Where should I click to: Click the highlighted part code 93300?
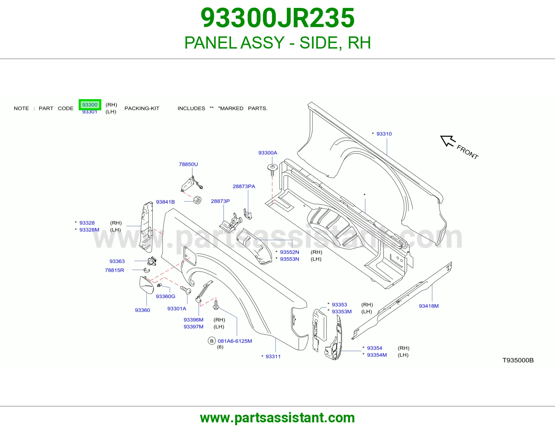[90, 105]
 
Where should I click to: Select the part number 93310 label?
[384, 134]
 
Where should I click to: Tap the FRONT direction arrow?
[448, 141]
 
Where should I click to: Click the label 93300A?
[268, 153]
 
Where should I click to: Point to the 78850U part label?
[188, 164]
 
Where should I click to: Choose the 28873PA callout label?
[244, 187]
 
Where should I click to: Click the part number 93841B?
[165, 202]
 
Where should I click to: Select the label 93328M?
[89, 230]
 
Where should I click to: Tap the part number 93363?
[117, 261]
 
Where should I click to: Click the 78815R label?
[114, 270]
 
